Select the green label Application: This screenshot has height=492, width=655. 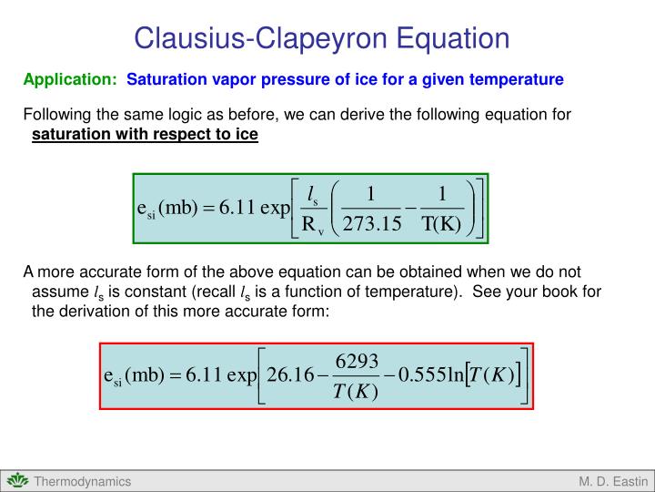70,80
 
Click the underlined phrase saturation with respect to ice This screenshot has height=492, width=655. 145,136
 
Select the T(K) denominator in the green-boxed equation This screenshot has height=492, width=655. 441,225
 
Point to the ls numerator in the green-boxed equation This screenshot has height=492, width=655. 313,192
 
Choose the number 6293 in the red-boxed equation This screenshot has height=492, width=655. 357,360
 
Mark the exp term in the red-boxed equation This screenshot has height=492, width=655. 242,375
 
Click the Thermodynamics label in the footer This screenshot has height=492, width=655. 83,481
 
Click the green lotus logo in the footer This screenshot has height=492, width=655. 18,481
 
